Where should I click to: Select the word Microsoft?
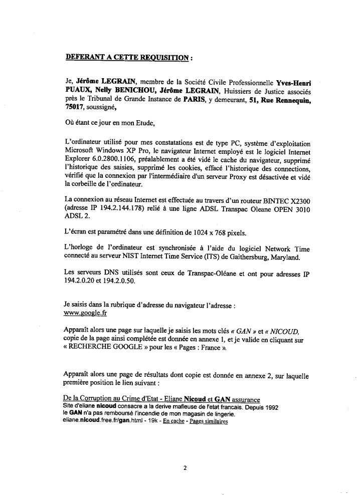point(82,151)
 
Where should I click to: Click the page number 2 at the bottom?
point(185,468)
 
